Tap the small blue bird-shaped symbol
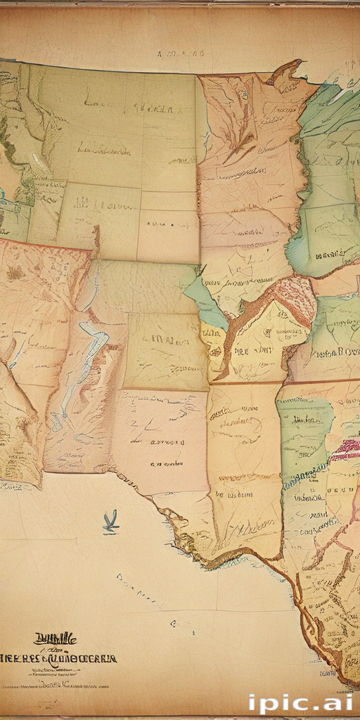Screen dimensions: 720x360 (110, 522)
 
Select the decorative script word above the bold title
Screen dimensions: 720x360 (54, 639)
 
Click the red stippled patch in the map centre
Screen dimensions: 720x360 (295, 295)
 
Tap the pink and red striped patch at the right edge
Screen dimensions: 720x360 (346, 450)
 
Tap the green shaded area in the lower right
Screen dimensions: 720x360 (304, 429)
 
